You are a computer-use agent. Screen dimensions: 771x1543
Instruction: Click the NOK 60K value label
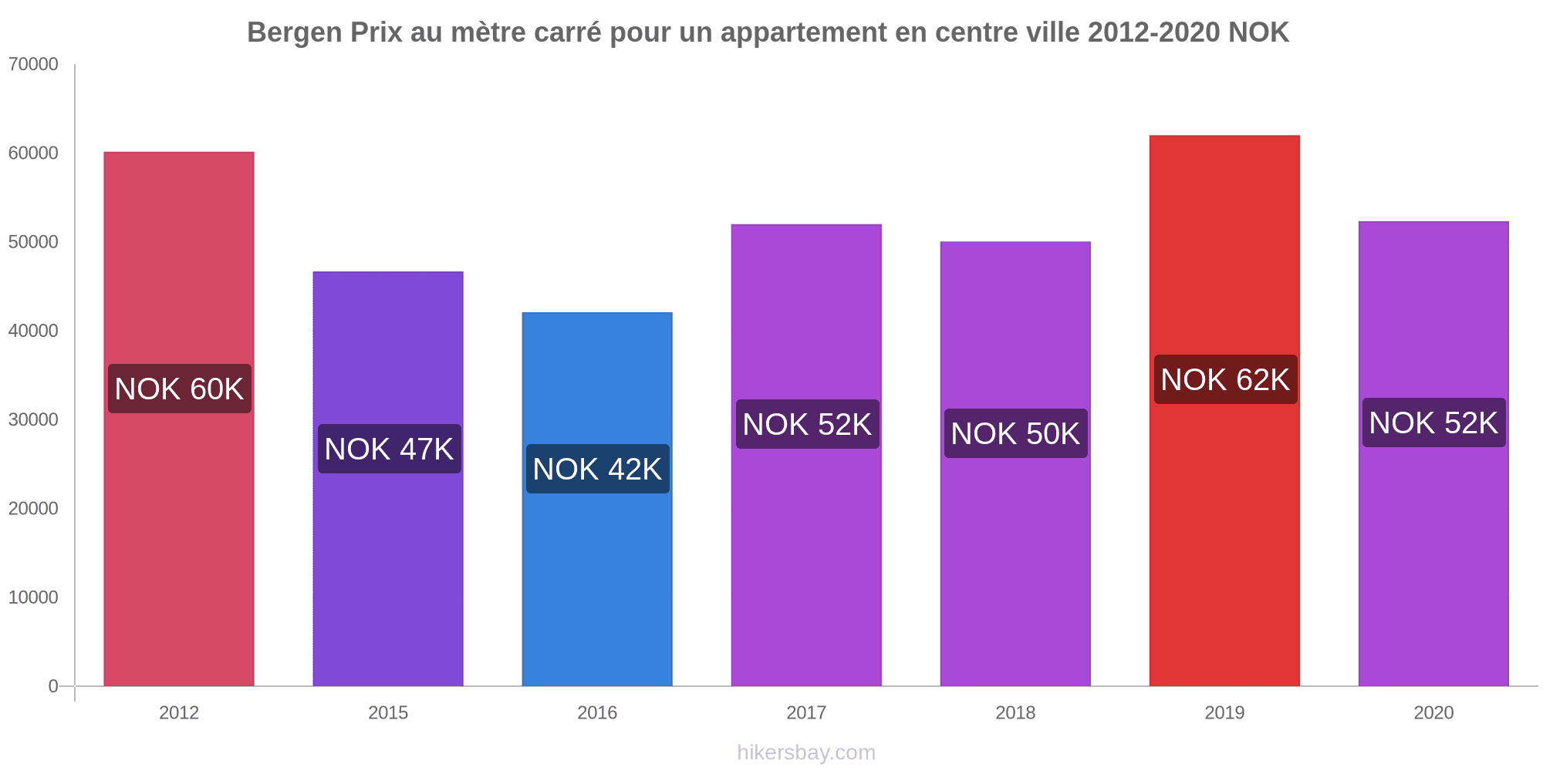click(180, 389)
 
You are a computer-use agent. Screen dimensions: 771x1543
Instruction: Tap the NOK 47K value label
click(389, 449)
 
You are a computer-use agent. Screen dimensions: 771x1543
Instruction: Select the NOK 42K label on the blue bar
click(597, 469)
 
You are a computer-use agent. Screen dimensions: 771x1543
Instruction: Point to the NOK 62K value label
click(1225, 379)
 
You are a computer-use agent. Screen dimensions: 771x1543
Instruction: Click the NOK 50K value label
click(1015, 433)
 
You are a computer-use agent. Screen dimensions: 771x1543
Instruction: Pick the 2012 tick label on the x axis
click(179, 712)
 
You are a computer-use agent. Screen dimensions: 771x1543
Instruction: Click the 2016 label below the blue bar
click(597, 712)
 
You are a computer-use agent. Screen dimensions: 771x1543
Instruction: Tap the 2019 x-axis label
click(1224, 712)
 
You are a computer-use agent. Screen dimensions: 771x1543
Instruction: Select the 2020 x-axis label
click(1433, 712)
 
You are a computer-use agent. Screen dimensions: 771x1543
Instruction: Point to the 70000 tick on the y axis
click(33, 65)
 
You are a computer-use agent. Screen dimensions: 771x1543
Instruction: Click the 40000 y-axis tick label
click(33, 331)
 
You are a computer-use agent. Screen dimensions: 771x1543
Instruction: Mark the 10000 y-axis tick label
click(33, 598)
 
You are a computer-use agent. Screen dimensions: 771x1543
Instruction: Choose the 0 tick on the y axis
click(53, 686)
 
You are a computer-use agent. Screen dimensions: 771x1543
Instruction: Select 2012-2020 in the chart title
click(1153, 32)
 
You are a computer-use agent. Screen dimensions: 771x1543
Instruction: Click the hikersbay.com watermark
click(806, 752)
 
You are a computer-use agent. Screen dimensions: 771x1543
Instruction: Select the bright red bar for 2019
click(1224, 540)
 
